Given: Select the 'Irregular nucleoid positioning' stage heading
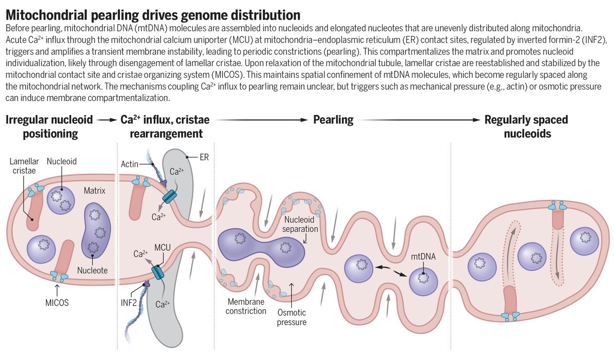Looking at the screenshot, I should pyautogui.click(x=49, y=127).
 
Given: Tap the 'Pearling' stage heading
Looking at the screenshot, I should pyautogui.click(x=333, y=120).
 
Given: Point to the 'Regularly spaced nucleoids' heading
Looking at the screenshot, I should pyautogui.click(x=526, y=127).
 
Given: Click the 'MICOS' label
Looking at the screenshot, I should pyautogui.click(x=56, y=302).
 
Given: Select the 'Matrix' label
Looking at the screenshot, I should pyautogui.click(x=95, y=190).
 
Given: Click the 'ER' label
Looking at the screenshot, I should pyautogui.click(x=204, y=158).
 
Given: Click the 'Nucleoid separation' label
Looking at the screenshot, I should pyautogui.click(x=302, y=224).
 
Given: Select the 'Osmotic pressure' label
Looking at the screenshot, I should pyautogui.click(x=292, y=317).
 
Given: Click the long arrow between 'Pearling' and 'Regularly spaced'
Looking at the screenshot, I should pyautogui.click(x=420, y=120).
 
